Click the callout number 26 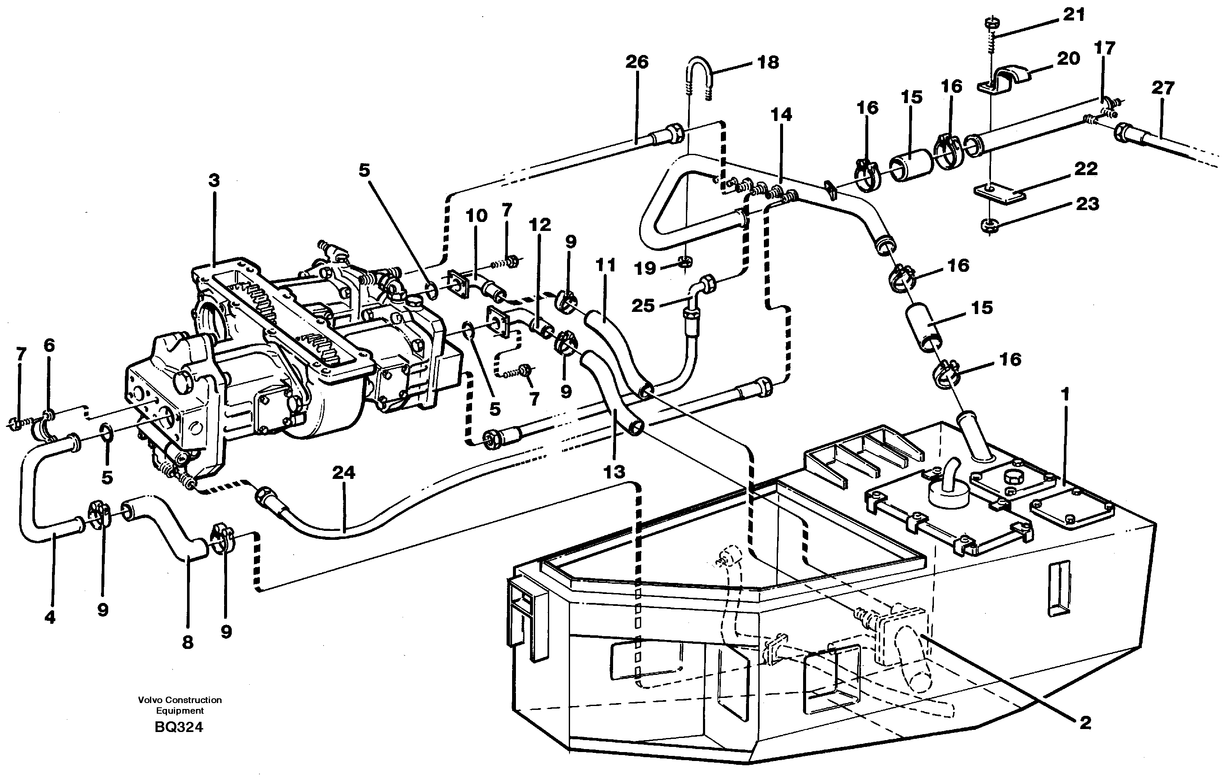pyautogui.click(x=637, y=62)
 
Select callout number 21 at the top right pyautogui.click(x=1074, y=15)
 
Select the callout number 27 pyautogui.click(x=1163, y=88)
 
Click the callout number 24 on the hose pyautogui.click(x=343, y=473)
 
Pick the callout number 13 pyautogui.click(x=614, y=472)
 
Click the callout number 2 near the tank pyautogui.click(x=1086, y=722)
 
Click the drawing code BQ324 pyautogui.click(x=179, y=727)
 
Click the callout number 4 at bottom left pyautogui.click(x=49, y=617)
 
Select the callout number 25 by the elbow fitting pyautogui.click(x=642, y=306)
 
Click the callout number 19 pyautogui.click(x=645, y=268)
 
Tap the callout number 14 pyautogui.click(x=781, y=115)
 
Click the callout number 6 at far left pyautogui.click(x=49, y=346)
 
